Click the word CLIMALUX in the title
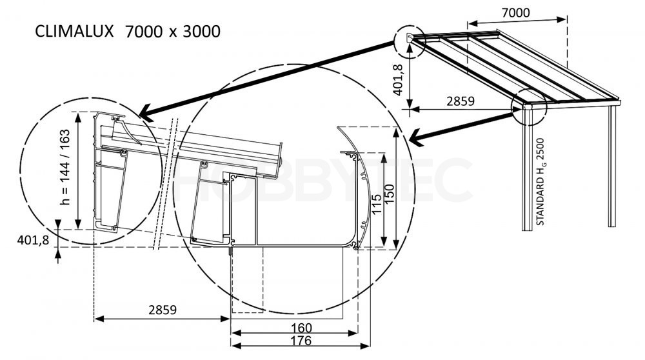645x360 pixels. [x=74, y=31]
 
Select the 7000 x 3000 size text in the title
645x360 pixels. [x=172, y=32]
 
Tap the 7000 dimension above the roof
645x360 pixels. [x=515, y=13]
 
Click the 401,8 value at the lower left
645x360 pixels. [x=33, y=240]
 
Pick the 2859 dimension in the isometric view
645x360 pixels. [x=461, y=101]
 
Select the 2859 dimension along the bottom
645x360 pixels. [x=163, y=310]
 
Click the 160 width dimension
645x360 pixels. [x=301, y=328]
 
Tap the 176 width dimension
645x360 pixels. [x=301, y=341]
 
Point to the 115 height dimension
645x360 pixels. [x=377, y=204]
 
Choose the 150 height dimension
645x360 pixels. [x=389, y=194]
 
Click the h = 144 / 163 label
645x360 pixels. [x=65, y=166]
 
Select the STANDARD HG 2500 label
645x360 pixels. [x=540, y=181]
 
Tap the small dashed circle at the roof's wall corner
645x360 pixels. [x=410, y=40]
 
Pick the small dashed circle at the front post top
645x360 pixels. [x=529, y=106]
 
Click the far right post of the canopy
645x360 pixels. [x=612, y=166]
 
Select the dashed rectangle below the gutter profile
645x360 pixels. [x=248, y=280]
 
